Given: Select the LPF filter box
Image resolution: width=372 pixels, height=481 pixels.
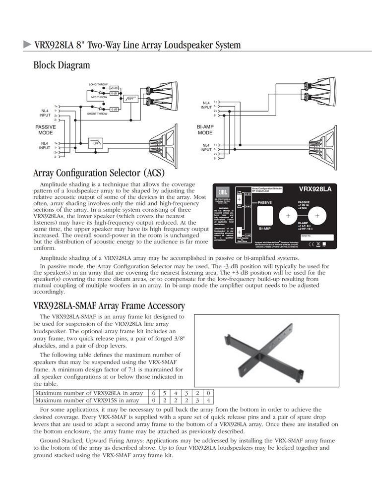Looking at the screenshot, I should (95, 143).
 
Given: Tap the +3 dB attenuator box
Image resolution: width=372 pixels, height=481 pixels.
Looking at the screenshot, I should (114, 88).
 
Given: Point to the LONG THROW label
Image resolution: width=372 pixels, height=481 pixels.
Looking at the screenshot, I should (98, 85).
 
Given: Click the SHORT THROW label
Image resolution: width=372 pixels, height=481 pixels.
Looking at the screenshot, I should (97, 114).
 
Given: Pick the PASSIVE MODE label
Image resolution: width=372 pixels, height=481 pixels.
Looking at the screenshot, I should (45, 130).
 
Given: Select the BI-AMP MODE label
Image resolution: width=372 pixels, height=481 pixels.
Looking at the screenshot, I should (205, 130).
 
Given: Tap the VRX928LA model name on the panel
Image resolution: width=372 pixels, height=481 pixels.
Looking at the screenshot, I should (315, 189).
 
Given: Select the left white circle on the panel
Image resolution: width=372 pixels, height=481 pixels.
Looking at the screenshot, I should (288, 216).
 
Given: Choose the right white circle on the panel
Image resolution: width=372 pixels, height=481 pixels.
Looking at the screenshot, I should (317, 216).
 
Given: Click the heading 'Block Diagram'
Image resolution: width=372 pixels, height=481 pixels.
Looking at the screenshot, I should (62, 65).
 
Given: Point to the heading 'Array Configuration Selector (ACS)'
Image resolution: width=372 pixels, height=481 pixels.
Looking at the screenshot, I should (99, 173).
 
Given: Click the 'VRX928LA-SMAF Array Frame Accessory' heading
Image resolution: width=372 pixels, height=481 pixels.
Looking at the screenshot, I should (109, 305).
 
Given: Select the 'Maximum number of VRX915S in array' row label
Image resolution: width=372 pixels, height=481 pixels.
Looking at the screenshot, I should (87, 400).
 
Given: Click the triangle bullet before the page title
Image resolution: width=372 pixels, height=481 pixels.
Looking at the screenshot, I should (28, 44).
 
